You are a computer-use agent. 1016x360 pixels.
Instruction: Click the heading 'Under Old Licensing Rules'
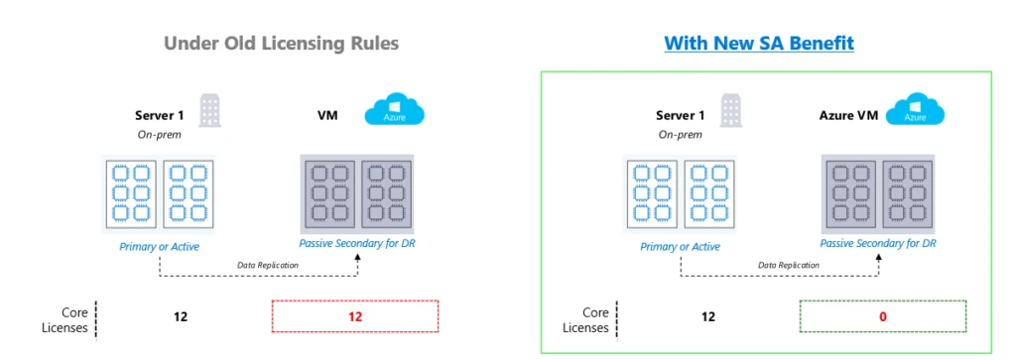281,44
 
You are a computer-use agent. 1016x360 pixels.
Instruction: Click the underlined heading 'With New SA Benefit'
758,44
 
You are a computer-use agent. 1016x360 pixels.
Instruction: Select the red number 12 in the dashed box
354,316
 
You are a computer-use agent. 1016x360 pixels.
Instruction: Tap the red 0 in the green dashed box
882,316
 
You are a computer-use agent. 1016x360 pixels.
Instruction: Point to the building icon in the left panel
209,110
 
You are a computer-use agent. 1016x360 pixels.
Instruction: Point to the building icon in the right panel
730,110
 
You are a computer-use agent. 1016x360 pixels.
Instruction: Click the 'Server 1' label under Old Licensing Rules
160,116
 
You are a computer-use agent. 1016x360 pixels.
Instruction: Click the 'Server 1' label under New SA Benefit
681,116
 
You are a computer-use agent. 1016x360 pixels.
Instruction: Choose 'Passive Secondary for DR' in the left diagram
354,243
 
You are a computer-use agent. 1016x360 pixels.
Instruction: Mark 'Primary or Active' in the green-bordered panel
681,246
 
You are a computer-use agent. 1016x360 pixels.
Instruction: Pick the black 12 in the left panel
180,316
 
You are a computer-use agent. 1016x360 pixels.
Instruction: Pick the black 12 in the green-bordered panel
707,316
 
